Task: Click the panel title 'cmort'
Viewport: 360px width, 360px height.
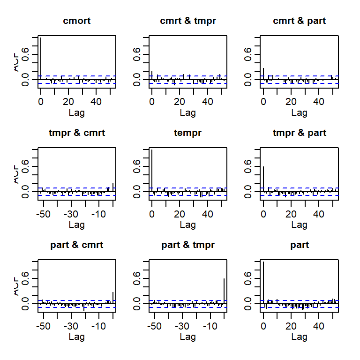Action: [x=76, y=21]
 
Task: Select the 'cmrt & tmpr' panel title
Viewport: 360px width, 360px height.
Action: [x=188, y=21]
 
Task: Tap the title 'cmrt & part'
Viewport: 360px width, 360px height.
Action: [x=300, y=21]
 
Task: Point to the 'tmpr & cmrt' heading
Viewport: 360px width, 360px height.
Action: [x=76, y=133]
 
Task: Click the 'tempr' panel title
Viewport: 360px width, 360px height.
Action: [x=188, y=133]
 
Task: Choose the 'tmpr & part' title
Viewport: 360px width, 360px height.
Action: [x=300, y=133]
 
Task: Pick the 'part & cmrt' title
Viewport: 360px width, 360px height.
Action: [x=76, y=245]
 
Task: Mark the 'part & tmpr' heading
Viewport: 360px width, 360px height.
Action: [x=188, y=245]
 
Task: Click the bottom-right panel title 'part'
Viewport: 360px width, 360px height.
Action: [x=300, y=245]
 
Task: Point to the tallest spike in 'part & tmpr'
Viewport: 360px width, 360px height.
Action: [x=224, y=291]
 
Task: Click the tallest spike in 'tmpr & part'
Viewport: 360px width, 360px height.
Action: [x=263, y=178]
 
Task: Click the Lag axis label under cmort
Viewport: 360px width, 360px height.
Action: [x=76, y=112]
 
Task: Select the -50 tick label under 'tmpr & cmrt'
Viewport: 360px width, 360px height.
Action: [x=44, y=214]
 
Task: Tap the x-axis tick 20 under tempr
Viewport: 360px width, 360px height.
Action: [x=180, y=214]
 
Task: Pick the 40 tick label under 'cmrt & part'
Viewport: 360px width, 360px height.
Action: [x=319, y=102]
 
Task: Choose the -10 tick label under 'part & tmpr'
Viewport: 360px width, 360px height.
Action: [x=210, y=326]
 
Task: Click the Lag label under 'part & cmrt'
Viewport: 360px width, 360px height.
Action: [x=76, y=337]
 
